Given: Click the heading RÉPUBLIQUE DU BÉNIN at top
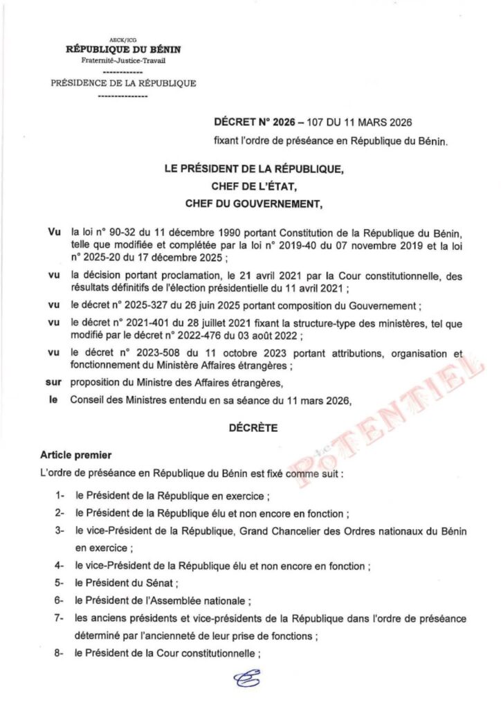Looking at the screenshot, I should point(122,48).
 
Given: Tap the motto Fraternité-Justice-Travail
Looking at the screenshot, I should point(122,60).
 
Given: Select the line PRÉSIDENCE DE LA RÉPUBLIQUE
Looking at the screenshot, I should point(123,84).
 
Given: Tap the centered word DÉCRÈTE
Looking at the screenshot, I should point(253,429).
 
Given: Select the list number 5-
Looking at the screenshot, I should point(61,584).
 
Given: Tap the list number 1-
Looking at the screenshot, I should point(61,497).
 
